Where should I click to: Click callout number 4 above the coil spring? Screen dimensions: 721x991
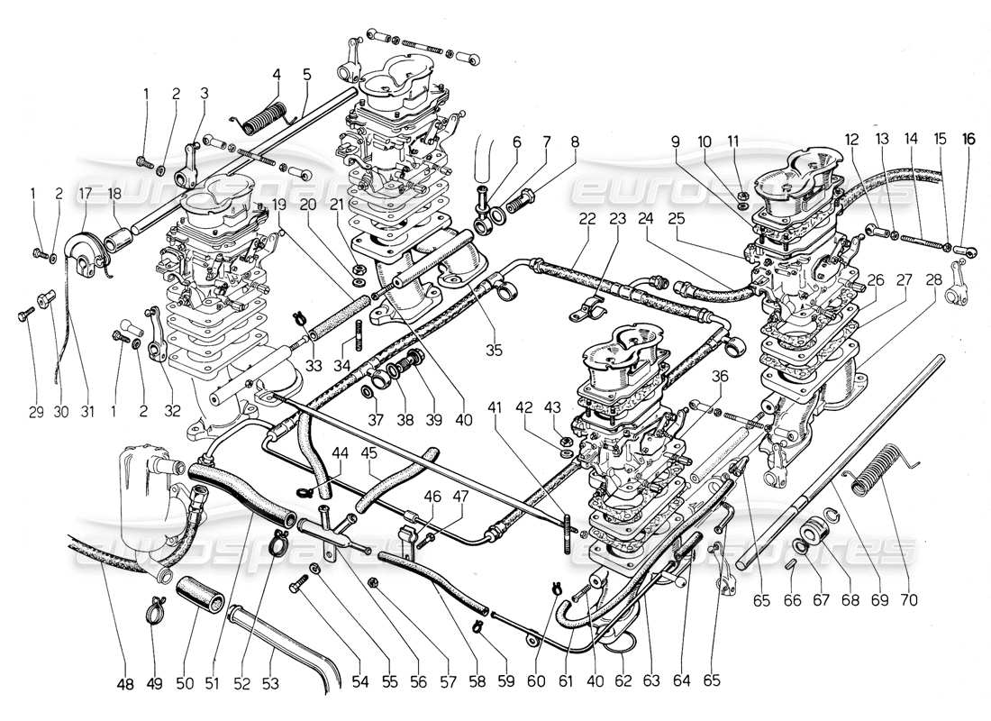pyautogui.click(x=277, y=74)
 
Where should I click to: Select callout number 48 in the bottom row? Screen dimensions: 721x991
pyautogui.click(x=124, y=684)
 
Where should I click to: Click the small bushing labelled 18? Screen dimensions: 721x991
pyautogui.click(x=119, y=240)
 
